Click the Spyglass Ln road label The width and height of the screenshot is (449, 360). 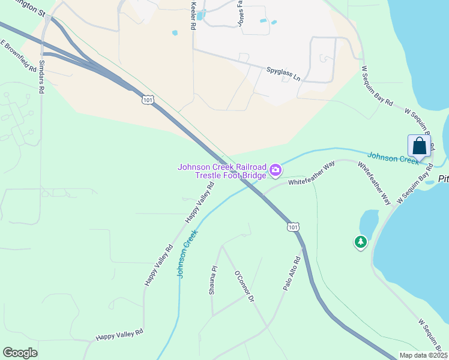[283, 74]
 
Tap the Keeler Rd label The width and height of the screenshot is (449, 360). [193, 16]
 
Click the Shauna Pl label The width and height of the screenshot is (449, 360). [212, 281]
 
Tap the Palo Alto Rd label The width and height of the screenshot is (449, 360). [292, 275]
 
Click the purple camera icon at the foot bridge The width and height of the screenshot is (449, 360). [275, 170]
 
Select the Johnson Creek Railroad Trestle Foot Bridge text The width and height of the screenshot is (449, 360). [221, 170]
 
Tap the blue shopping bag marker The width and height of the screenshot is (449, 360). [419, 146]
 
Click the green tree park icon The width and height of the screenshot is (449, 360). [360, 242]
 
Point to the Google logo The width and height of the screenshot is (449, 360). [20, 353]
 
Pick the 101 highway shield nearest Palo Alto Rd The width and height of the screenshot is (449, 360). [292, 227]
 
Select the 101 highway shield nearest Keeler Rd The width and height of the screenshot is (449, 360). [147, 100]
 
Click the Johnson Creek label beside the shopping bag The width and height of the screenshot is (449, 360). [393, 157]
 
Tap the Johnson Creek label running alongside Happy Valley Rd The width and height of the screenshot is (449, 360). [187, 255]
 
